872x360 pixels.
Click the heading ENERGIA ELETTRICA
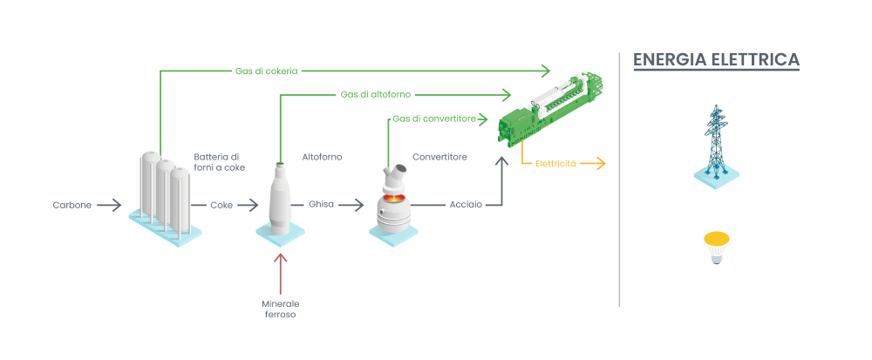pos(716,60)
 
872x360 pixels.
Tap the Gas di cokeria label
pos(266,71)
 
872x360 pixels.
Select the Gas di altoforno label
pos(376,94)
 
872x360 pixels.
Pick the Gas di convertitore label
pos(433,119)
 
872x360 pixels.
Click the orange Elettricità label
pos(555,163)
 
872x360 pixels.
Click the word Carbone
pos(72,206)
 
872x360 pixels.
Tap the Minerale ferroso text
pos(281,309)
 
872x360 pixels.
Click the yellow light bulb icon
pos(717,248)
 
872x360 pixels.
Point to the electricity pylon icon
pos(717,144)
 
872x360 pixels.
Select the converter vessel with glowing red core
pos(394,202)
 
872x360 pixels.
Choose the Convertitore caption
pos(439,157)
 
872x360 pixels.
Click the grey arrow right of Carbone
pos(109,206)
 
